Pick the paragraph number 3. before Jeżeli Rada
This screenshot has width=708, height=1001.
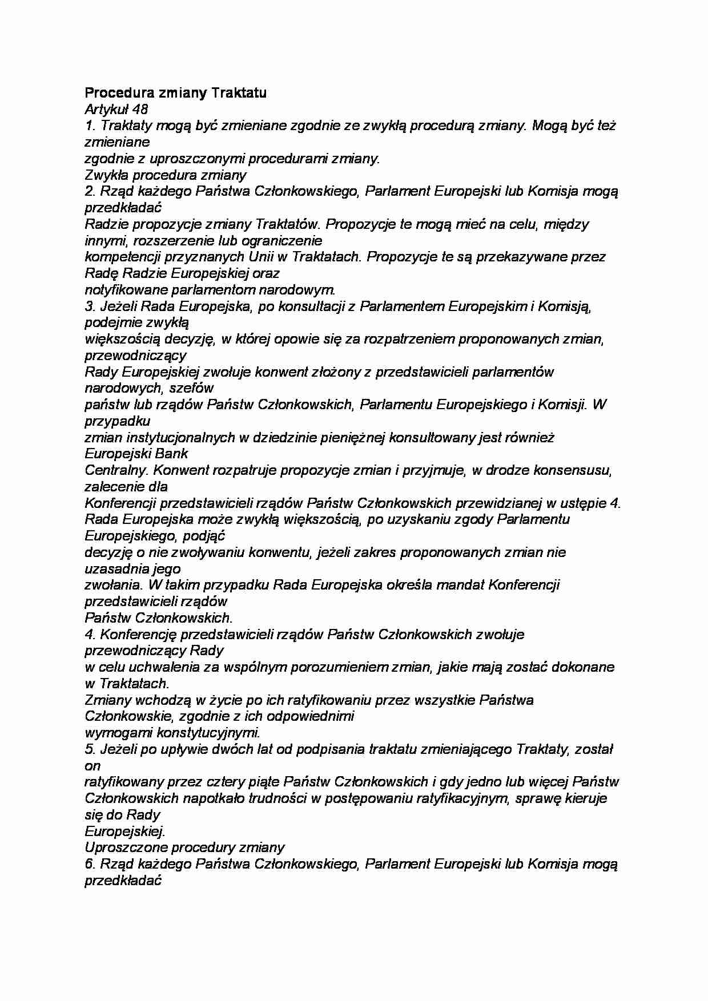(x=90, y=306)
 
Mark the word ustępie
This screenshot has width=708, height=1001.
(x=584, y=503)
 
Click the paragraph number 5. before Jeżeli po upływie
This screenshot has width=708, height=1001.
(x=90, y=749)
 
